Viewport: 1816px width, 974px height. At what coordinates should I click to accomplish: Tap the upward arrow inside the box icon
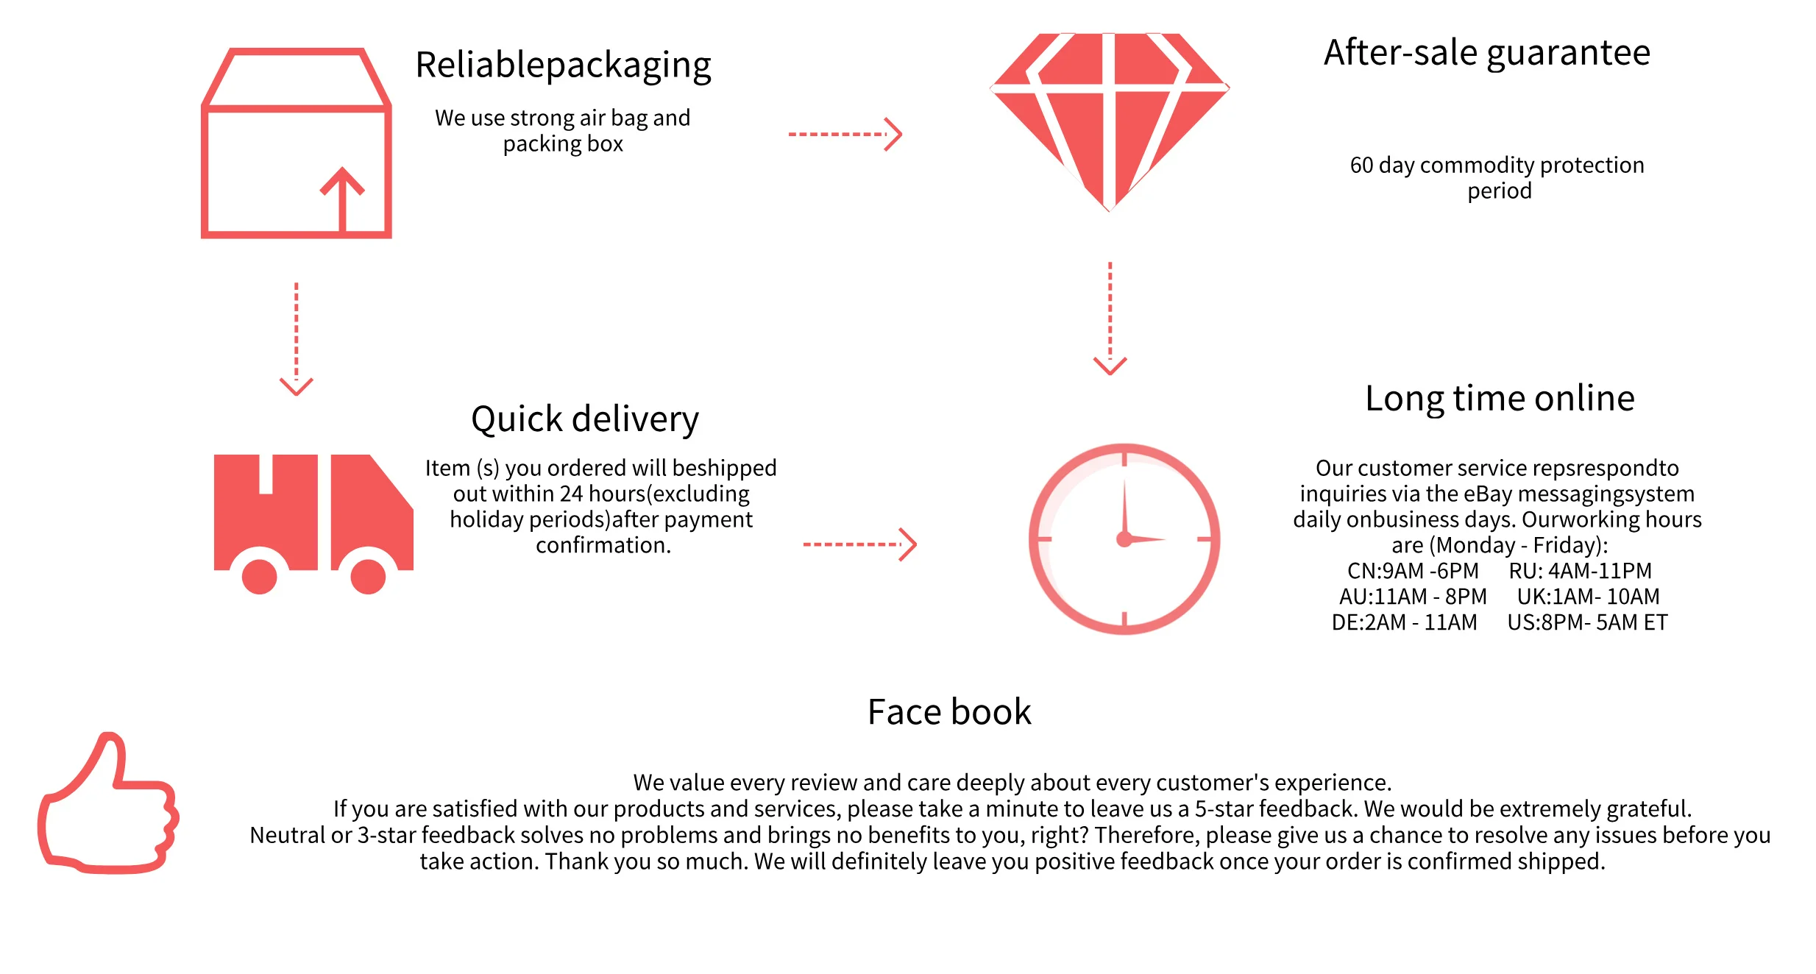342,199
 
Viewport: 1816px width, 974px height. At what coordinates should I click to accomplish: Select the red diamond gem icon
1110,122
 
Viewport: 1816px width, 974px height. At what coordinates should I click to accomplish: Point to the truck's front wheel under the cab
368,576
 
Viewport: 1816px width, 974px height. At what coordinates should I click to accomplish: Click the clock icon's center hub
1124,539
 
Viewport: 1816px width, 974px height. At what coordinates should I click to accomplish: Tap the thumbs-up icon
108,803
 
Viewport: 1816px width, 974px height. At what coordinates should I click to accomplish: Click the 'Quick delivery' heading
585,420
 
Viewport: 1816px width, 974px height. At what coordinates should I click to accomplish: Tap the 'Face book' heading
949,712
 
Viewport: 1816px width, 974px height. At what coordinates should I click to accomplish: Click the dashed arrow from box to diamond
845,135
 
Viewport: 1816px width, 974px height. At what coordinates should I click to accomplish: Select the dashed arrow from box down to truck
297,339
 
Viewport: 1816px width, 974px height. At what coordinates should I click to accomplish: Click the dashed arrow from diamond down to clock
1110,319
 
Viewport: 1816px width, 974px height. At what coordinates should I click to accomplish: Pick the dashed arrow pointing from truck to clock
860,544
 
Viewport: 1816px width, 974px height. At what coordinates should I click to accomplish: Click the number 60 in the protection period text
1361,166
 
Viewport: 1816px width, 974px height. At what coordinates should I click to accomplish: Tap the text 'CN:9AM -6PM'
1413,571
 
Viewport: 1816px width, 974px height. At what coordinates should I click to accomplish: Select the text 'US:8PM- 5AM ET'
1587,623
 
